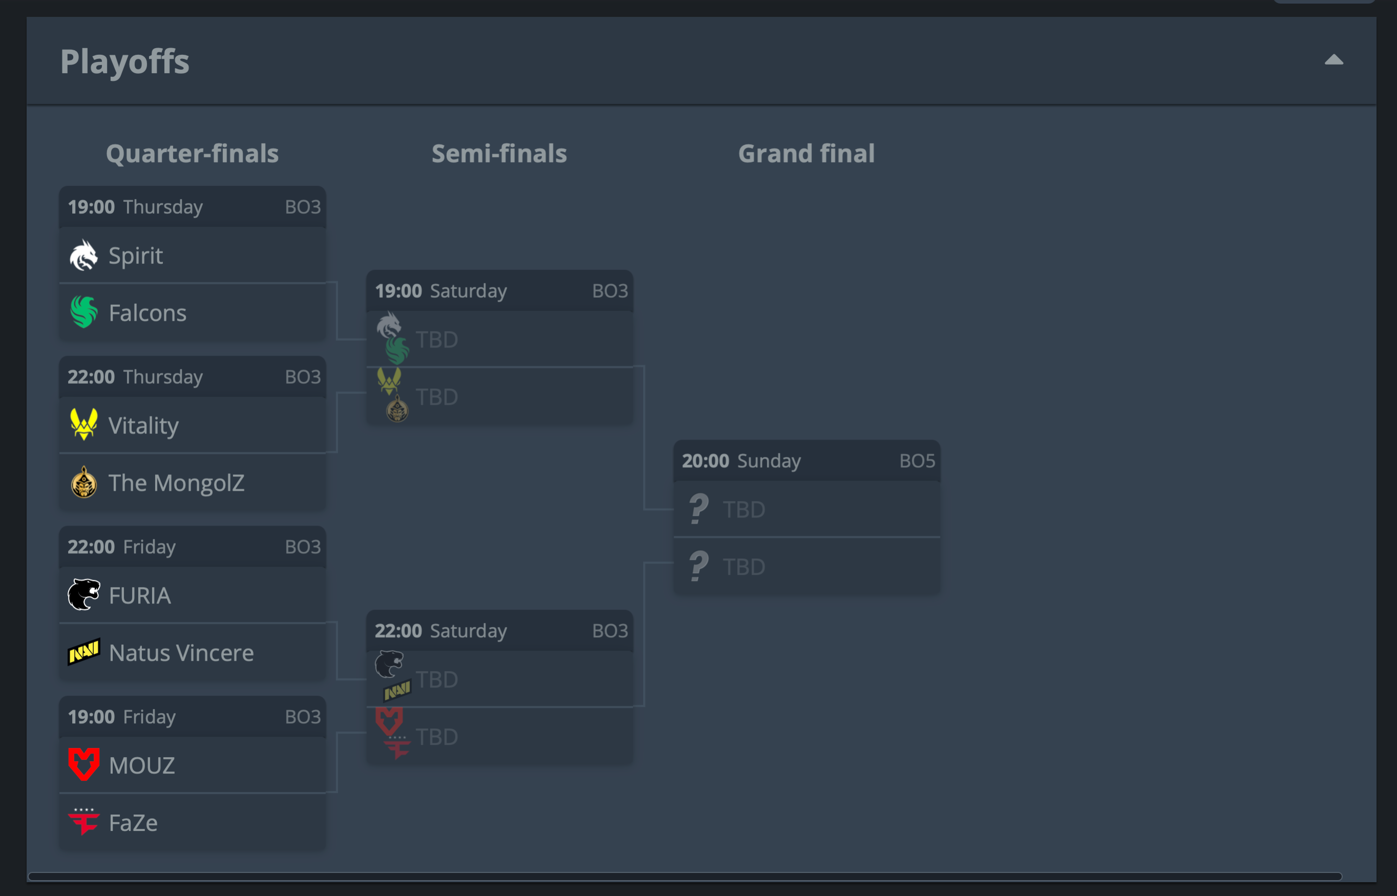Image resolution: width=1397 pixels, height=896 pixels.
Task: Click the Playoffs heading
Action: point(124,61)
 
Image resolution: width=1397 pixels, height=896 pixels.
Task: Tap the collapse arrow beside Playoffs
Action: point(1333,60)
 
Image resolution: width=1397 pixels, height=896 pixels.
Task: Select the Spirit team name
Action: point(136,256)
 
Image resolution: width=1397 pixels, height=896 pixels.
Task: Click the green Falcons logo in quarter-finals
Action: point(84,312)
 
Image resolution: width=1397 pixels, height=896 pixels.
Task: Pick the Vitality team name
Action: point(143,425)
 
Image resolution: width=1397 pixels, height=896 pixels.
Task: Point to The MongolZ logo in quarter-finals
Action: point(84,483)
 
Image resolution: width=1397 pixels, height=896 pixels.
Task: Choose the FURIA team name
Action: point(140,595)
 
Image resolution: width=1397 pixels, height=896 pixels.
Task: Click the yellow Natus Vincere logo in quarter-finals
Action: point(84,652)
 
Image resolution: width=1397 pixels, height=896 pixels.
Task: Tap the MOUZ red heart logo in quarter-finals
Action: point(84,764)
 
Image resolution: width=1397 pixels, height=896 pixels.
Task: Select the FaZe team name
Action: point(133,822)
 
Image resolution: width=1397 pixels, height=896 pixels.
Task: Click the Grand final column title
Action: point(806,154)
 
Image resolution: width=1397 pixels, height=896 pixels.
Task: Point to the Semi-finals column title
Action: point(498,154)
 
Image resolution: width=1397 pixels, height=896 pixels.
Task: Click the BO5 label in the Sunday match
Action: point(916,461)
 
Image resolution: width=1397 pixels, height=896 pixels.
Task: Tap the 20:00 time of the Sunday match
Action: point(705,461)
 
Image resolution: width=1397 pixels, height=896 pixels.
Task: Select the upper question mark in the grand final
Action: point(698,509)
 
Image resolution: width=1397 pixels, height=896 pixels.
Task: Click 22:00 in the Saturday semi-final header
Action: point(398,631)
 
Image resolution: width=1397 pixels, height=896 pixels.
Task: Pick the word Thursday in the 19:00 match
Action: point(163,207)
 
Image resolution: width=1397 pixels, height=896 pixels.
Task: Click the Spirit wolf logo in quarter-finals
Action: point(84,256)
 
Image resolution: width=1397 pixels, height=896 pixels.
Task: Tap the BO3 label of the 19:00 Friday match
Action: point(303,717)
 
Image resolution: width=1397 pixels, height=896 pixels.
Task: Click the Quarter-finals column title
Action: point(192,154)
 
